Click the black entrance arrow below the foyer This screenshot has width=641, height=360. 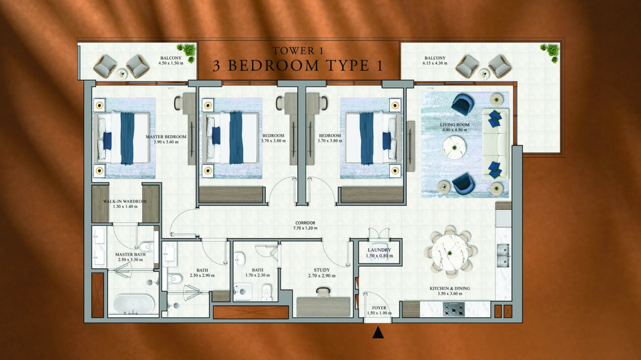coord(378,333)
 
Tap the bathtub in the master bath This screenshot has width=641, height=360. coord(133,304)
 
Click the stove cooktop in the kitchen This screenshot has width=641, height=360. coord(454,309)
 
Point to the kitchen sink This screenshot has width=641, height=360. coord(503,255)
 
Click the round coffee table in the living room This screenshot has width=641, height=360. coord(454,147)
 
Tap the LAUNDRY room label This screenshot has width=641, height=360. coord(379,250)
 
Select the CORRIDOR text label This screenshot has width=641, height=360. coord(305,223)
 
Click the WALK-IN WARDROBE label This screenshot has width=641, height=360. coord(125,202)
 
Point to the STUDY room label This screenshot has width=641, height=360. coord(322,270)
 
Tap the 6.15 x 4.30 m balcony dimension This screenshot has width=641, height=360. coord(435,63)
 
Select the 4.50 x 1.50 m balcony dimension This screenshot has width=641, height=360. coord(171,63)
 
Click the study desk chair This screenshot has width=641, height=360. coord(323,292)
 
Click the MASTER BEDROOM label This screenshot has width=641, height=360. coord(166,137)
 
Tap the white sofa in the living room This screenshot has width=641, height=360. coord(495,144)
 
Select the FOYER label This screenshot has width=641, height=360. coord(379,308)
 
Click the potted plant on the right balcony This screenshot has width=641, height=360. coord(550,51)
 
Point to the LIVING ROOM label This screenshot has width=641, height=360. coord(455,125)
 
